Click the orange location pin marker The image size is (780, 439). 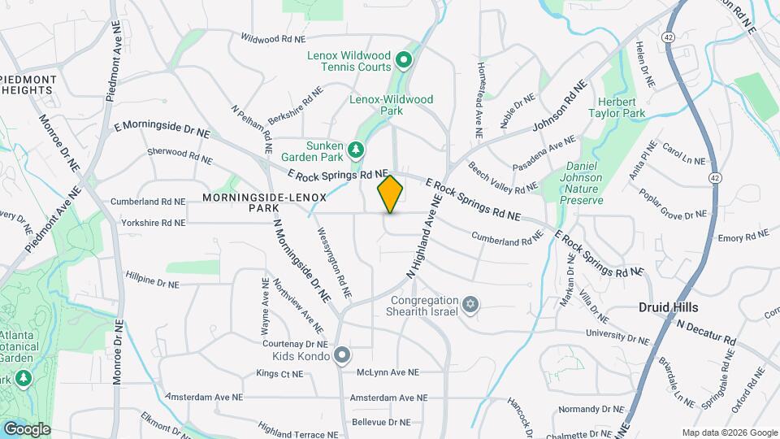[391, 193]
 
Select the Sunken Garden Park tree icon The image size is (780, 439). [355, 150]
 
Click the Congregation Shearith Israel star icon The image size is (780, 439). [468, 305]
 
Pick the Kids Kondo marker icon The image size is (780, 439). [342, 355]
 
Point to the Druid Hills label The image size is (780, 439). [667, 307]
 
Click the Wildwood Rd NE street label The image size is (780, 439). [273, 38]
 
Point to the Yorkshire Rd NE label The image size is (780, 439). [154, 222]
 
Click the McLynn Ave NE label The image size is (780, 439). [387, 372]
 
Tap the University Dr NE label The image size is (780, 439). [618, 335]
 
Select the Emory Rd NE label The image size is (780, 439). [743, 237]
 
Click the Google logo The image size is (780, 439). [27, 428]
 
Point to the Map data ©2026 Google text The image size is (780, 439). [729, 432]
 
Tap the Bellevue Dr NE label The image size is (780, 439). [381, 422]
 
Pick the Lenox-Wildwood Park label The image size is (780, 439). [391, 105]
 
